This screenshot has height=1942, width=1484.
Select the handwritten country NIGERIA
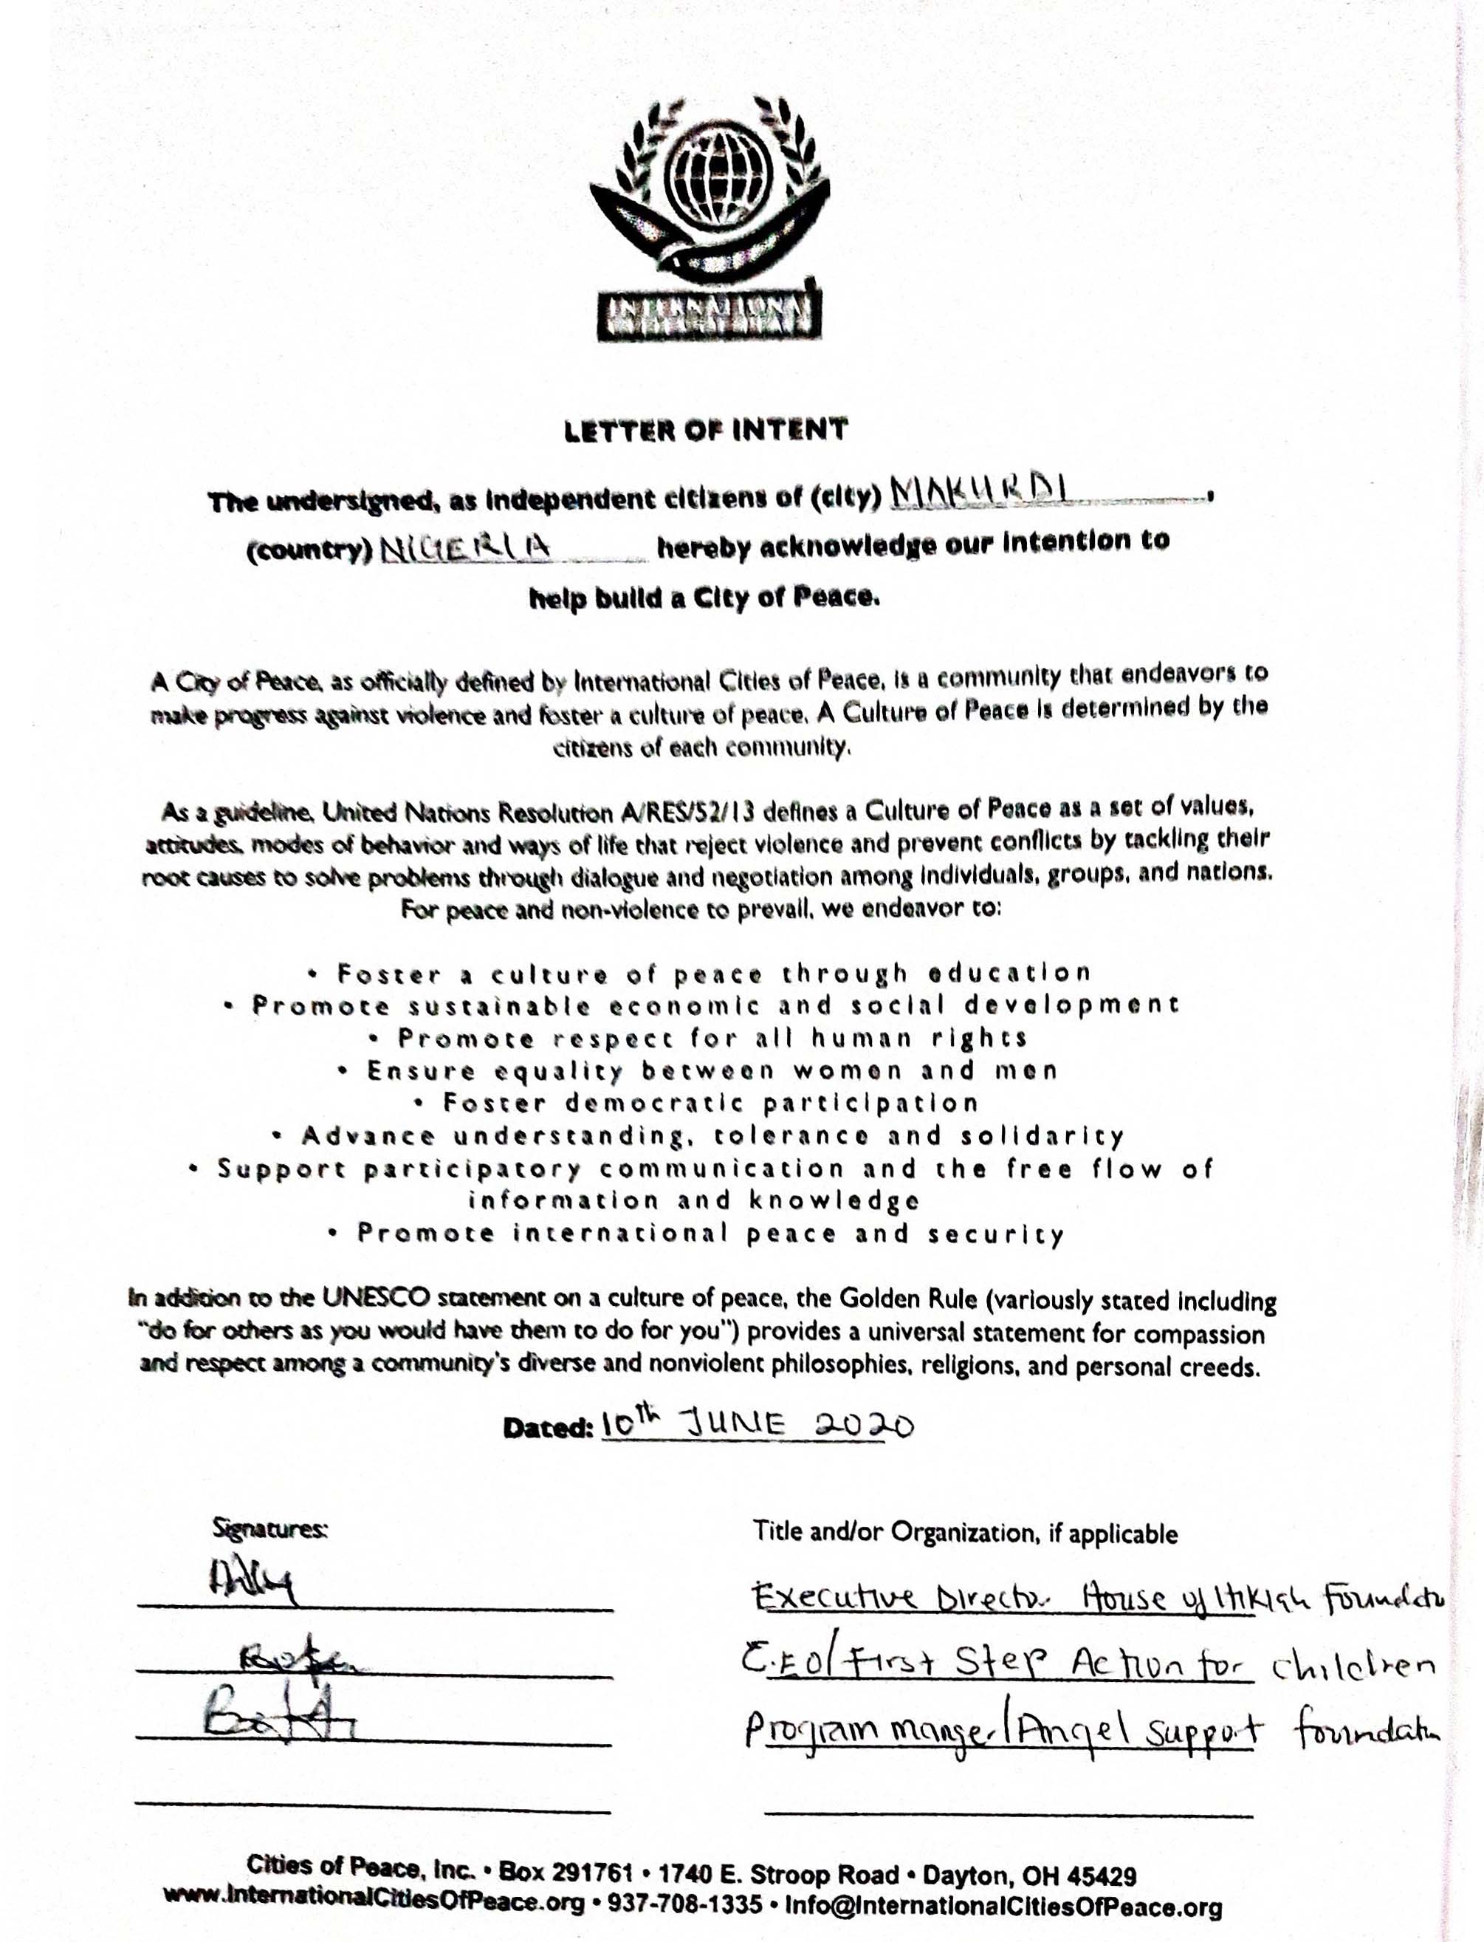pos(466,549)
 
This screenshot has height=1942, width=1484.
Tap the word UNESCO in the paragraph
pos(375,1299)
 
